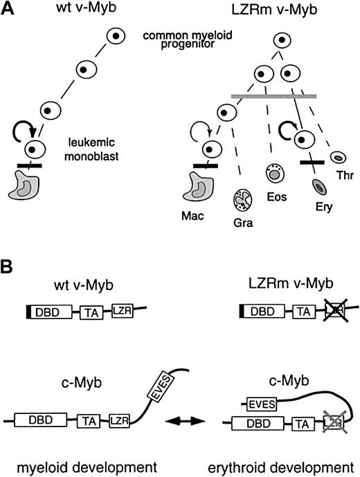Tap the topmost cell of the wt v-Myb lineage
tap(119, 37)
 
